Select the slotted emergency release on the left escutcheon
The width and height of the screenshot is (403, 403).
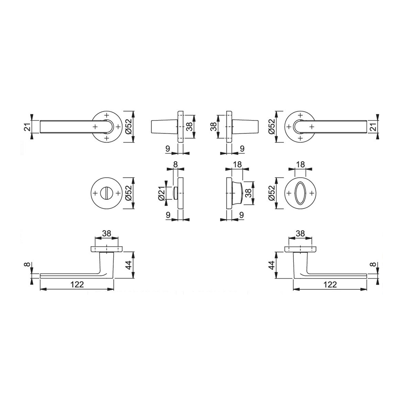(x=106, y=193)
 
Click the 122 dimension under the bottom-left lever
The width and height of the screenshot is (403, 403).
(x=77, y=284)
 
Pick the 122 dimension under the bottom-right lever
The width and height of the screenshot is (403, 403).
(x=330, y=284)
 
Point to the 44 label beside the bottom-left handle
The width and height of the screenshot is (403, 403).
(x=129, y=265)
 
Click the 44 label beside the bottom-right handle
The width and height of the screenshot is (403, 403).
(x=272, y=265)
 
